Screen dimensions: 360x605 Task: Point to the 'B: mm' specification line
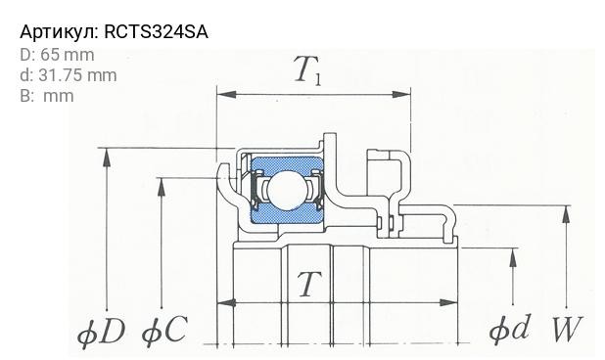click(x=46, y=95)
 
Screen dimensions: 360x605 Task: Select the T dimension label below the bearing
click(x=308, y=285)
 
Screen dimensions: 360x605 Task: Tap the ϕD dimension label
click(x=102, y=332)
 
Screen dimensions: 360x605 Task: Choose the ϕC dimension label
click(x=163, y=331)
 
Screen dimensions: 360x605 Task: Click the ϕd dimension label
click(x=509, y=329)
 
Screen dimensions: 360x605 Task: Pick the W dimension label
click(x=567, y=330)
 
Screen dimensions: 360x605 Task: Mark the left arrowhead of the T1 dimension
click(x=222, y=95)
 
